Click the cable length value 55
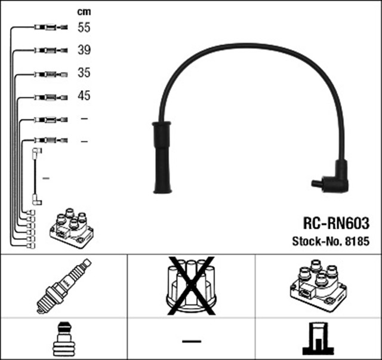(x=84, y=27)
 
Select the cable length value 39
(x=84, y=50)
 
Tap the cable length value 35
(x=84, y=73)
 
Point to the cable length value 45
(x=84, y=96)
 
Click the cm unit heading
(x=84, y=11)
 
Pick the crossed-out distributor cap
(x=191, y=285)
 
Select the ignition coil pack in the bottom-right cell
(x=318, y=285)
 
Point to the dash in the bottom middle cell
(x=191, y=341)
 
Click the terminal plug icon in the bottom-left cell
(x=63, y=340)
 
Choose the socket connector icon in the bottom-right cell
(x=318, y=340)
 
